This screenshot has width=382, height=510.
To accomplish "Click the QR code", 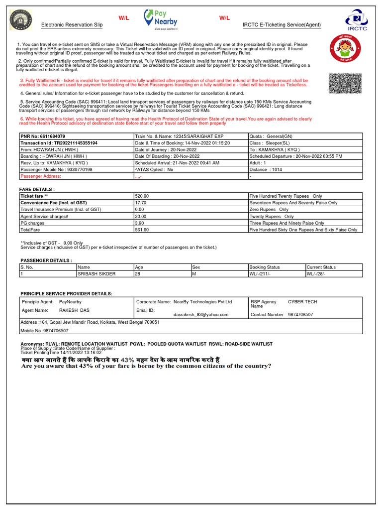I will (344, 83).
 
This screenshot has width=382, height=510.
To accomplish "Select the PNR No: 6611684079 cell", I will (43, 136).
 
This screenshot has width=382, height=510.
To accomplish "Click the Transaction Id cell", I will (59, 143).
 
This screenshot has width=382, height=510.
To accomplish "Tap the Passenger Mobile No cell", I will (56, 169).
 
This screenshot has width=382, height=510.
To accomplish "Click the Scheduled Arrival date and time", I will (177, 163).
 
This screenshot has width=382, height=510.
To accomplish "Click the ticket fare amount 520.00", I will (142, 196).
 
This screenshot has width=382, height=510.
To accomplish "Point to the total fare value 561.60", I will (142, 230).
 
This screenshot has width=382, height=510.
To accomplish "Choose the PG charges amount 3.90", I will (140, 223).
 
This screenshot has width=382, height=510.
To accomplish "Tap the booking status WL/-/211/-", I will (265, 274).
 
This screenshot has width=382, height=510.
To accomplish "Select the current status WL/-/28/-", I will (318, 274).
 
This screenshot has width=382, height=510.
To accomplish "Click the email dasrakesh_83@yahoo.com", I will (201, 315).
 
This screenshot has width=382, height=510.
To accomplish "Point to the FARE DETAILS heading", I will (37, 190).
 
